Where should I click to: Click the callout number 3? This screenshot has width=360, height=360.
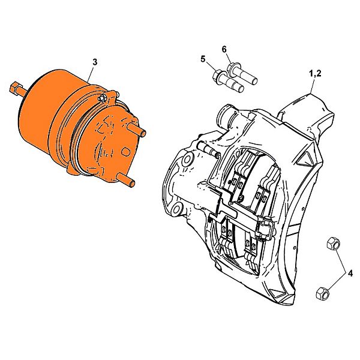(x=95, y=62)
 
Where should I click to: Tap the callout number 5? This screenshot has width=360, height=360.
(x=203, y=59)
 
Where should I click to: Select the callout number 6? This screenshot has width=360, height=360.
(x=224, y=49)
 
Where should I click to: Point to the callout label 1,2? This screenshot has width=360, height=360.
(x=315, y=74)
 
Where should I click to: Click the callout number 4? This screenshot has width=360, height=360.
(x=350, y=274)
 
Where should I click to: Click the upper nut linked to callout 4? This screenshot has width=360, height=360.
(x=333, y=244)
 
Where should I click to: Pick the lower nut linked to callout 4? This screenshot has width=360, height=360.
(x=323, y=293)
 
